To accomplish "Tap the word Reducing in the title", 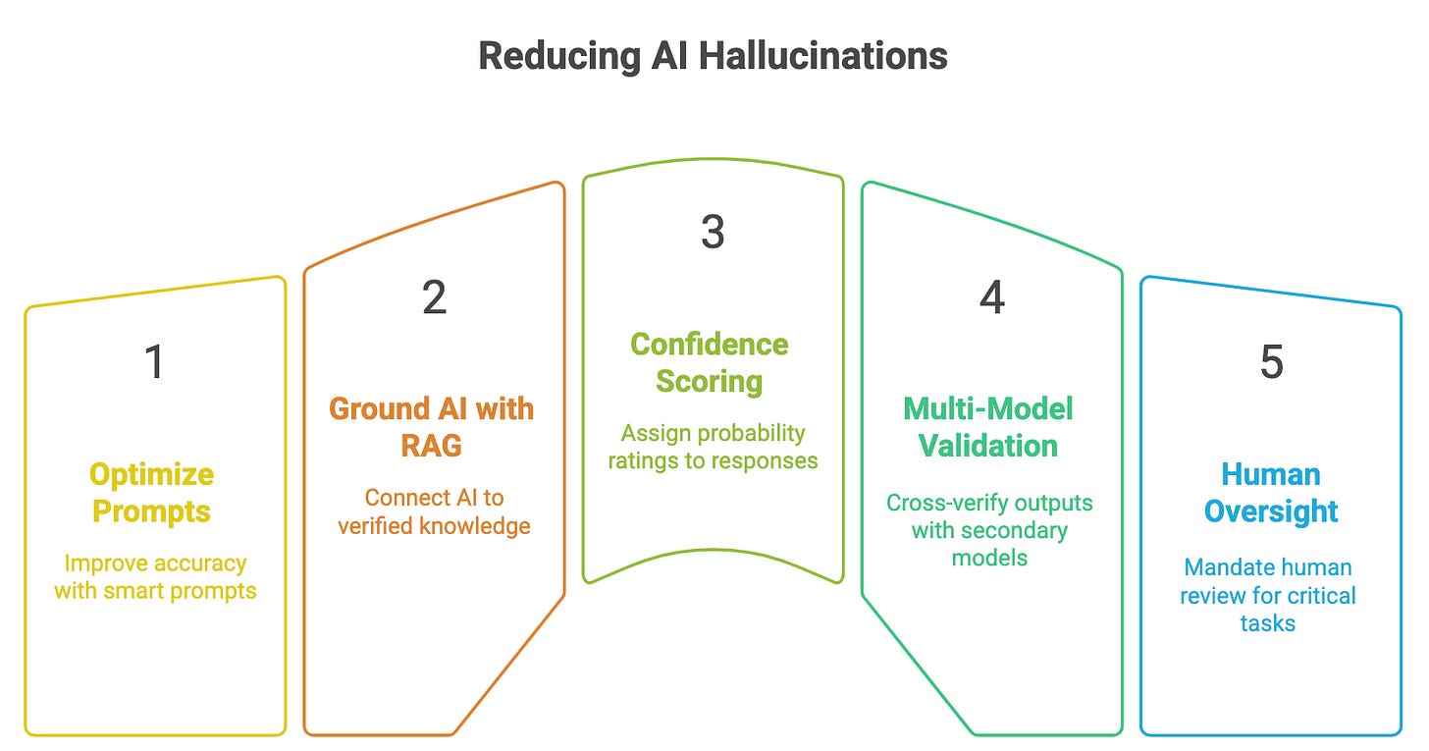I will coord(557,56).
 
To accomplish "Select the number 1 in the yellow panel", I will coord(154,362).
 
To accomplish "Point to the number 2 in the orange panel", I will coord(434,298).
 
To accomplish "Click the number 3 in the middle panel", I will coord(713,232).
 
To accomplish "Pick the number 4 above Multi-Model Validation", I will coord(991,297).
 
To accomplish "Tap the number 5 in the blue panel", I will coord(1271,363).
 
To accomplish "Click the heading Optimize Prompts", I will coord(151,493).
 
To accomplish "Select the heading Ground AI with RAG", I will coord(432,427).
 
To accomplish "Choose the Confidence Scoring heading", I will coord(710,362).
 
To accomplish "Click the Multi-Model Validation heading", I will coord(988,427).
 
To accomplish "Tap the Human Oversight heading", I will coord(1271,493).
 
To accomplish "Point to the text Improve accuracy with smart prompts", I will coord(155,577).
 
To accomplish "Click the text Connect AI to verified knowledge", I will coord(434,511).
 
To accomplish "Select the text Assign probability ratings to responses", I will coord(713,446).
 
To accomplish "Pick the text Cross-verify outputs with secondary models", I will coord(989,530).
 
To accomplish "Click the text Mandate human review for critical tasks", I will coord(1268,595).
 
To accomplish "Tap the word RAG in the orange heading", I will coord(432,446).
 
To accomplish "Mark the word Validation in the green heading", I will coord(988,446).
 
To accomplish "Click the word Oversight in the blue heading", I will coord(1271,511).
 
